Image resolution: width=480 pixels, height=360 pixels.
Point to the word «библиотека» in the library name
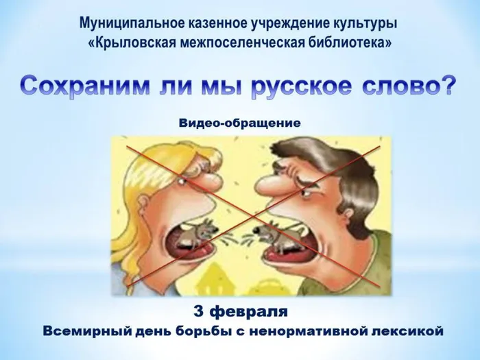350,43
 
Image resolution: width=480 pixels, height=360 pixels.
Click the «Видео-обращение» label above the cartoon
240,123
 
